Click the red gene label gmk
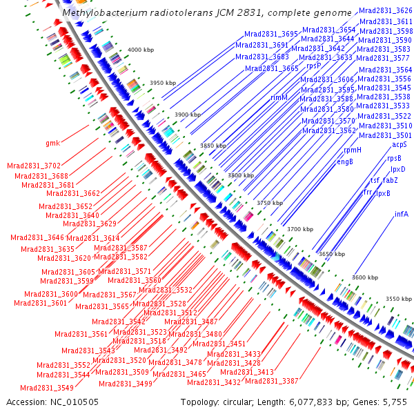[53, 143]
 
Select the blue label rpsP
[314, 66]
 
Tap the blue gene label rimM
[279, 97]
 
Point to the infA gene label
[402, 214]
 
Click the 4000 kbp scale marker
[141, 50]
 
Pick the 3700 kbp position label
[300, 229]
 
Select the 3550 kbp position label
[399, 299]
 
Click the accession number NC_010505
[75, 402]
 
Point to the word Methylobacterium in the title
[106, 12]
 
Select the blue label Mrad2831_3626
[386, 10]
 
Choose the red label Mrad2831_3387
[272, 381]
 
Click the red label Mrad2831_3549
[47, 388]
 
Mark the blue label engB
[345, 161]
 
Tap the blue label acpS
[400, 145]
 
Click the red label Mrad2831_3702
[34, 166]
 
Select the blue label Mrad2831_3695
[271, 34]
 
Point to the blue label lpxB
[383, 193]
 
